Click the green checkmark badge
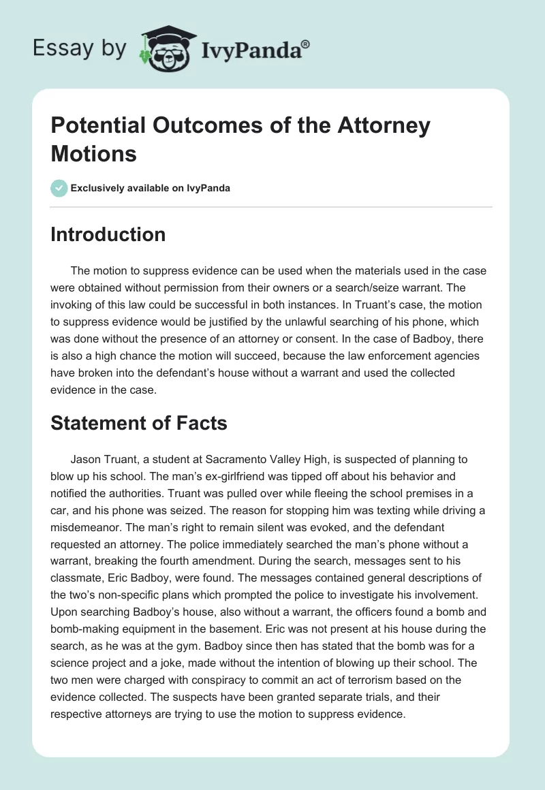point(59,188)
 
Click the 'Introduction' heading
point(108,234)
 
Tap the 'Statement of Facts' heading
point(139,423)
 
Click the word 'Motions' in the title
point(94,153)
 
